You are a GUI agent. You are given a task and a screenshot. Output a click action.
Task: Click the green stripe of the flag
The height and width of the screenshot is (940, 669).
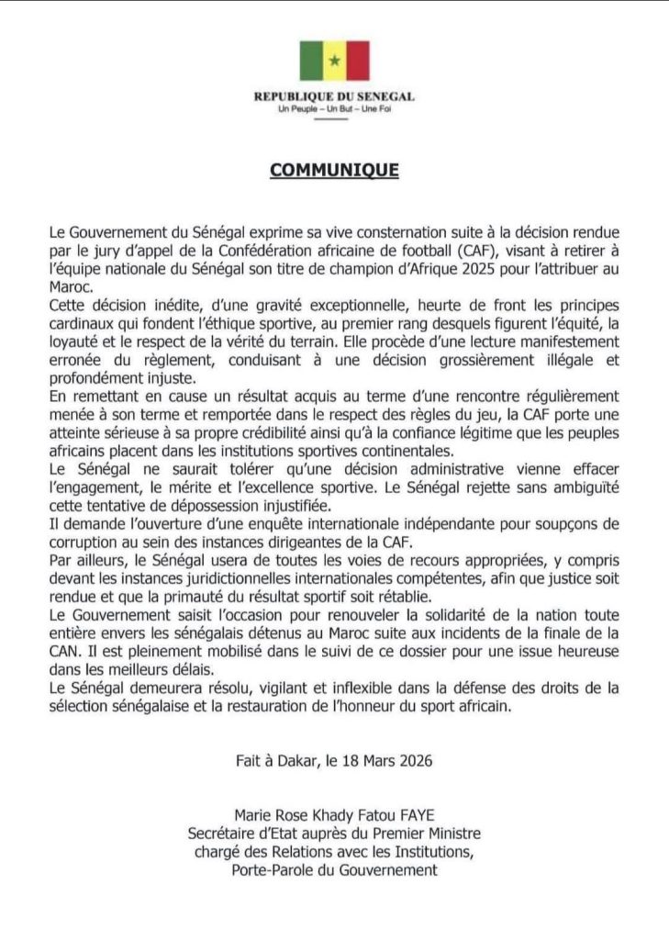[x=311, y=61]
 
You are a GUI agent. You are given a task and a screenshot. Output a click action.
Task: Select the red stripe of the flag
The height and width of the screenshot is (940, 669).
[x=357, y=61]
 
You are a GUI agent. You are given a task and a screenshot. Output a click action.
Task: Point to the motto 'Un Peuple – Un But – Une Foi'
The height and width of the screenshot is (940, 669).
[x=334, y=110]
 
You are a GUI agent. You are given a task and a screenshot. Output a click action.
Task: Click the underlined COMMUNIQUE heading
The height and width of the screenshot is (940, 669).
[x=334, y=171]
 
